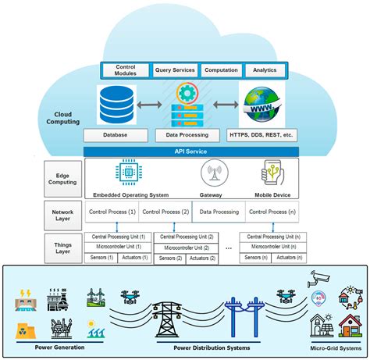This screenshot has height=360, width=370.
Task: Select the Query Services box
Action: tap(175, 70)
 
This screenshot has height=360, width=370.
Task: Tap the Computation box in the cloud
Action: tap(221, 70)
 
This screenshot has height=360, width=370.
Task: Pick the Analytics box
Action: tap(265, 70)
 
